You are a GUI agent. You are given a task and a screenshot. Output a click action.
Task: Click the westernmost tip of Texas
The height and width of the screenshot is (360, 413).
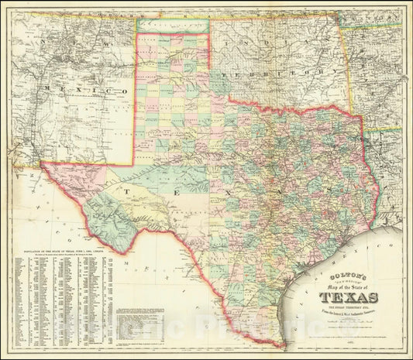(42, 164)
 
